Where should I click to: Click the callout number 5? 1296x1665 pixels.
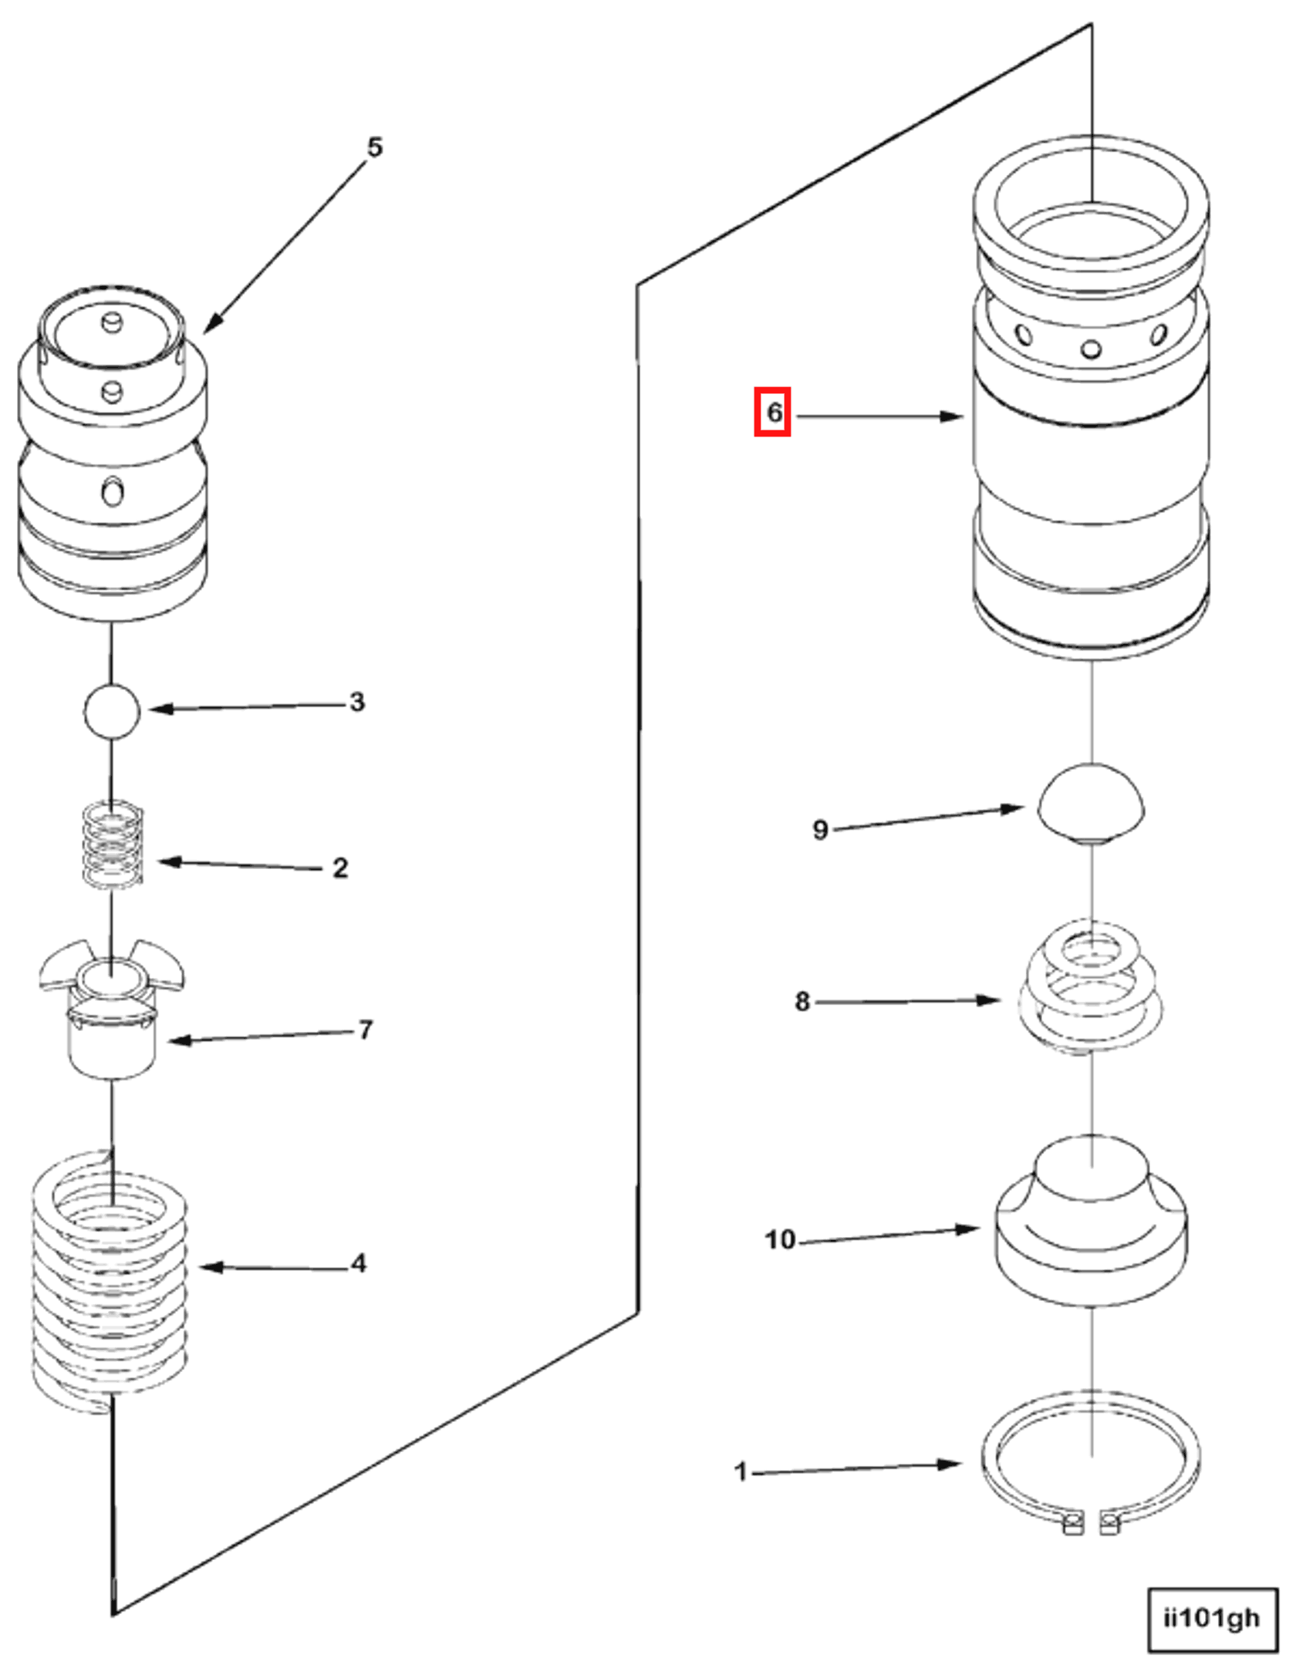point(374,147)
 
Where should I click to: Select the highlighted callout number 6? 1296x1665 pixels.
point(773,413)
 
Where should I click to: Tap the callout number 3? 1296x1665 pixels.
point(356,702)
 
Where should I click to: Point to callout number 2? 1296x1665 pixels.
point(340,868)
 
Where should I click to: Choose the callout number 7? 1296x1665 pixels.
point(365,1030)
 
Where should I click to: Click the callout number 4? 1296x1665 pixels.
point(358,1263)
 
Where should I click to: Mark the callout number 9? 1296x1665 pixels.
point(820,830)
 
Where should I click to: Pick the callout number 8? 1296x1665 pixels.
point(802,1002)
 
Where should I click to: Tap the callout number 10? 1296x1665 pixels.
point(780,1239)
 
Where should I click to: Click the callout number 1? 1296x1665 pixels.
point(741,1471)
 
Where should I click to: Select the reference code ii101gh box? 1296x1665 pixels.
point(1212,1618)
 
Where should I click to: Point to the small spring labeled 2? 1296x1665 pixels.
point(113,844)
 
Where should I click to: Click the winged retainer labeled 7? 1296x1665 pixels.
point(112,1010)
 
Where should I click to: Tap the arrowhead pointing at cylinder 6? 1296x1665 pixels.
point(953,416)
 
